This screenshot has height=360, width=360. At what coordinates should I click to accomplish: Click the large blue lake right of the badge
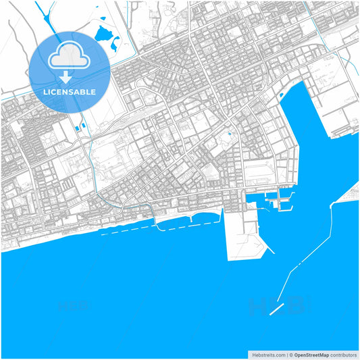[105, 34]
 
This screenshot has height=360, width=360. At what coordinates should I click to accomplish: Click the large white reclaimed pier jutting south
[243, 233]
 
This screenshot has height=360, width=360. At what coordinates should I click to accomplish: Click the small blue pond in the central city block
[230, 134]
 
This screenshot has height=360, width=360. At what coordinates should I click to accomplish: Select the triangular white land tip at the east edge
[351, 196]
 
